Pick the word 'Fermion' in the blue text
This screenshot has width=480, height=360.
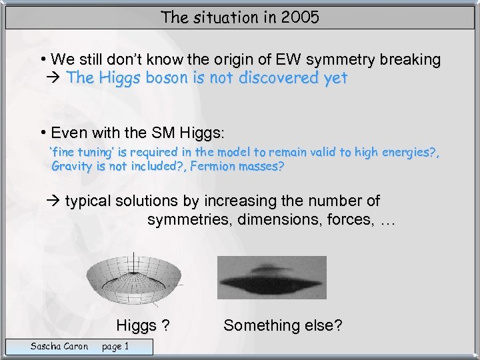[x=213, y=167]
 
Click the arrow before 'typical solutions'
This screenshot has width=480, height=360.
[x=56, y=201]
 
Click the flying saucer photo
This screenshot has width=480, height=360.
[x=272, y=277]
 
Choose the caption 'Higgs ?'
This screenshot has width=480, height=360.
[x=143, y=325]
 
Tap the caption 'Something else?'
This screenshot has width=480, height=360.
[x=283, y=325]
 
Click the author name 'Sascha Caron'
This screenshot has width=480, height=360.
[x=59, y=345]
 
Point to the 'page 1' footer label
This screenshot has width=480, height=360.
[x=115, y=345]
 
